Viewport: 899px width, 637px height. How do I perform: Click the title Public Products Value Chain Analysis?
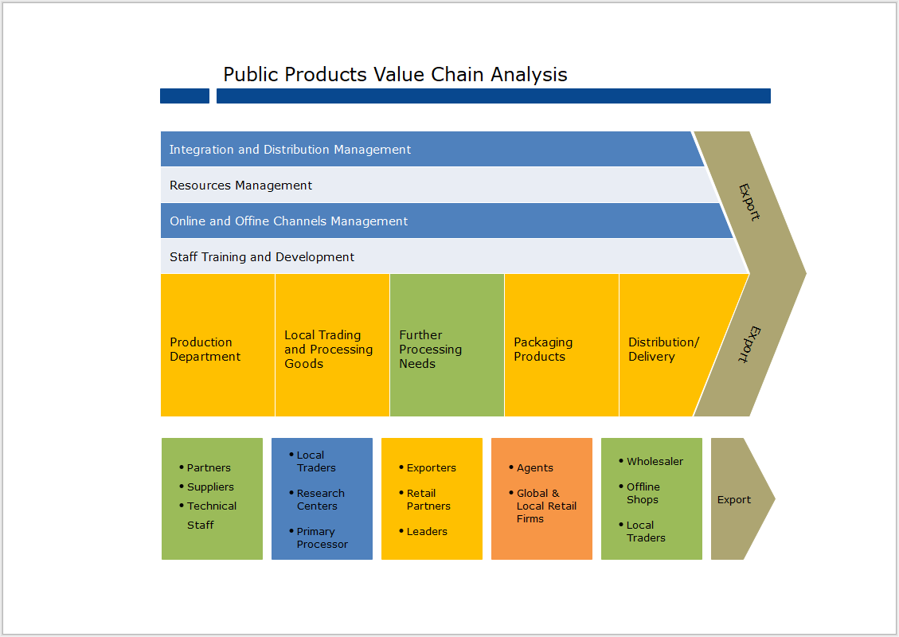[x=395, y=75]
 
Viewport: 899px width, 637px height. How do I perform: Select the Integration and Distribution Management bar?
[x=290, y=150]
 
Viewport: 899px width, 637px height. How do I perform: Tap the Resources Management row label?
[x=240, y=186]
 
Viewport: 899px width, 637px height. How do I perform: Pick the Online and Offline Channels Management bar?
[x=288, y=221]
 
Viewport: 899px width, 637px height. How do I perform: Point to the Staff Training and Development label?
[x=262, y=257]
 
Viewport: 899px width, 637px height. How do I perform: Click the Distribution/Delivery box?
[x=664, y=350]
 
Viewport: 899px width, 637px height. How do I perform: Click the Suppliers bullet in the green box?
[x=210, y=487]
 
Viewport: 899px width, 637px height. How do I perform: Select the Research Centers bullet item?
[x=320, y=500]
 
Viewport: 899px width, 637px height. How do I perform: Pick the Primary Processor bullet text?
[x=322, y=538]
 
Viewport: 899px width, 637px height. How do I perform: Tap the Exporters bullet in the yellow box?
[x=431, y=468]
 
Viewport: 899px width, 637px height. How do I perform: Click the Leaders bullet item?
[x=427, y=532]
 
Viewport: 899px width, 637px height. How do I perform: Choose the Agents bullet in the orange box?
[x=534, y=468]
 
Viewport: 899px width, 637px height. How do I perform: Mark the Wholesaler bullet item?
[x=655, y=462]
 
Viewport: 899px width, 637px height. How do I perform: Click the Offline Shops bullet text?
[x=643, y=494]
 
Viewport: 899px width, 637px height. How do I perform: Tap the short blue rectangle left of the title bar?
[x=185, y=96]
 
